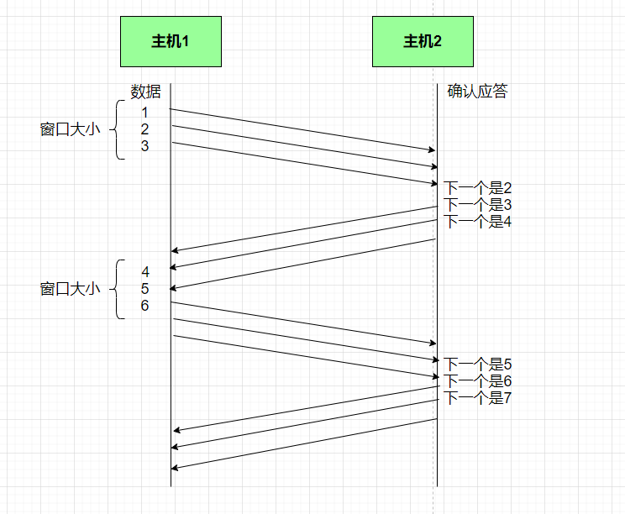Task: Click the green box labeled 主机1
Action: pos(171,41)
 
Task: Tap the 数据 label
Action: pos(145,92)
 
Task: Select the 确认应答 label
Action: pos(477,92)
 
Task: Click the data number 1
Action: pos(144,113)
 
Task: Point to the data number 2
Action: pos(144,129)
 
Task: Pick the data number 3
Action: pos(144,146)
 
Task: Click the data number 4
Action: pos(144,272)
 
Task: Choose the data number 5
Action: pos(144,289)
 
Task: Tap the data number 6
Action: pos(144,306)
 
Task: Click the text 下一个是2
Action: pos(477,188)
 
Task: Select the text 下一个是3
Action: pos(477,205)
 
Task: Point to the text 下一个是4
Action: pos(477,222)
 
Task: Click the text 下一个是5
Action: pos(477,365)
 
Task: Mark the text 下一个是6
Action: pos(477,381)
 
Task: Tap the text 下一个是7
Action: pos(477,398)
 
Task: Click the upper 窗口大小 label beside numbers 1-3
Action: pos(70,129)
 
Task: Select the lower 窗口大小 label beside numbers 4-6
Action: pos(70,289)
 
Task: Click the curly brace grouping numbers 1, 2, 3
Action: pos(118,129)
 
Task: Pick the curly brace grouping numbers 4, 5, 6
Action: pos(118,289)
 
